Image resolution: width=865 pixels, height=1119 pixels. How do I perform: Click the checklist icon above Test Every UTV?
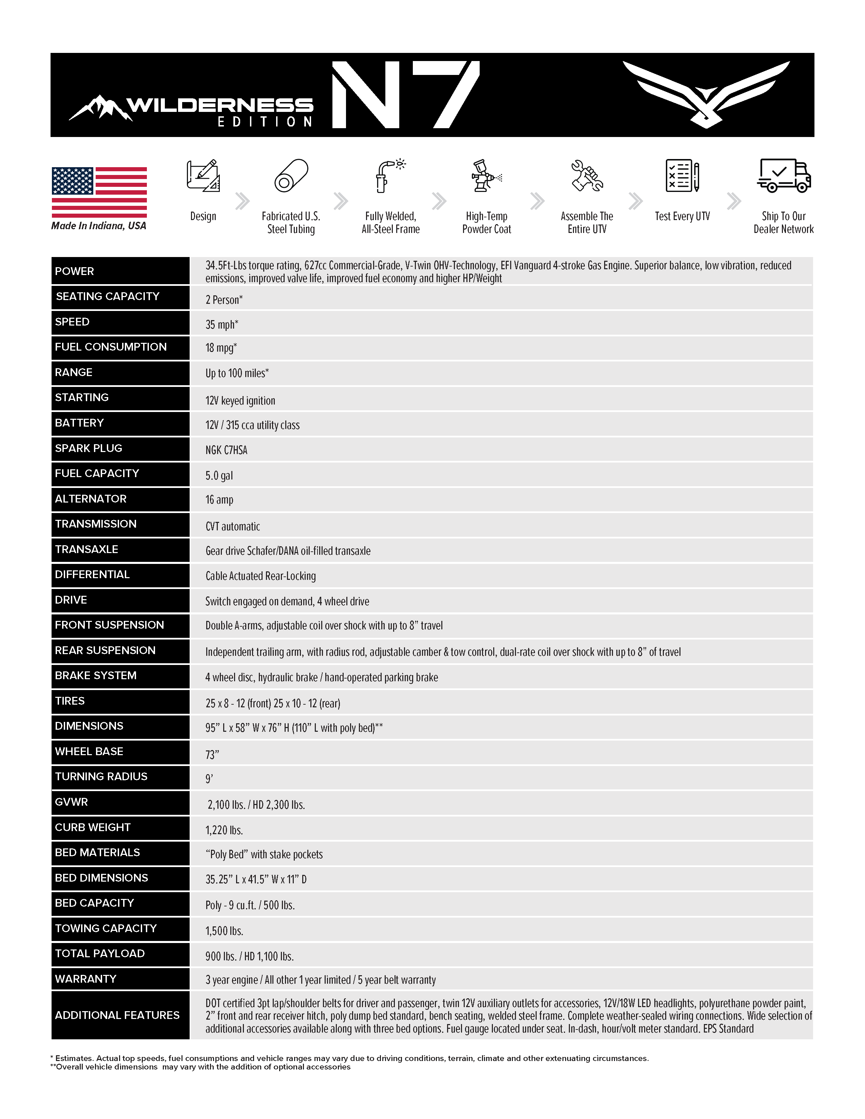(682, 176)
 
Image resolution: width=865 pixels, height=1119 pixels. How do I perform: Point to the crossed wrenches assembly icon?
(587, 176)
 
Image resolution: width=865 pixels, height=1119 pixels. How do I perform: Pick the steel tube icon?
(291, 176)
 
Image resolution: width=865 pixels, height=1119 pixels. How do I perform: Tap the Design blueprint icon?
(203, 176)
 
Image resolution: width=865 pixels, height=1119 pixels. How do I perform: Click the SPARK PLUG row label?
(89, 448)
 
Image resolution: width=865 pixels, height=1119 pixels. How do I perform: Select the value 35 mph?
(222, 324)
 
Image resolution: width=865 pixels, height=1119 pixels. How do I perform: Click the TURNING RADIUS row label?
(101, 777)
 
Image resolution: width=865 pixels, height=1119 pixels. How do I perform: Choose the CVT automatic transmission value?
(233, 527)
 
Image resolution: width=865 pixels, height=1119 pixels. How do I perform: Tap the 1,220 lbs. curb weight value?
(224, 830)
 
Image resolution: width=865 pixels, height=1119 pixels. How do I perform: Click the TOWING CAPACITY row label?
(105, 928)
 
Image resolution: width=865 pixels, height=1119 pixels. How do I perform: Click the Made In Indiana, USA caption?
(98, 226)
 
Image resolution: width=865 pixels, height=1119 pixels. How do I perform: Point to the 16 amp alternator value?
(219, 499)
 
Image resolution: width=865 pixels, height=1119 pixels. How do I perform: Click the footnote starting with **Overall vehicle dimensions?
(200, 1067)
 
